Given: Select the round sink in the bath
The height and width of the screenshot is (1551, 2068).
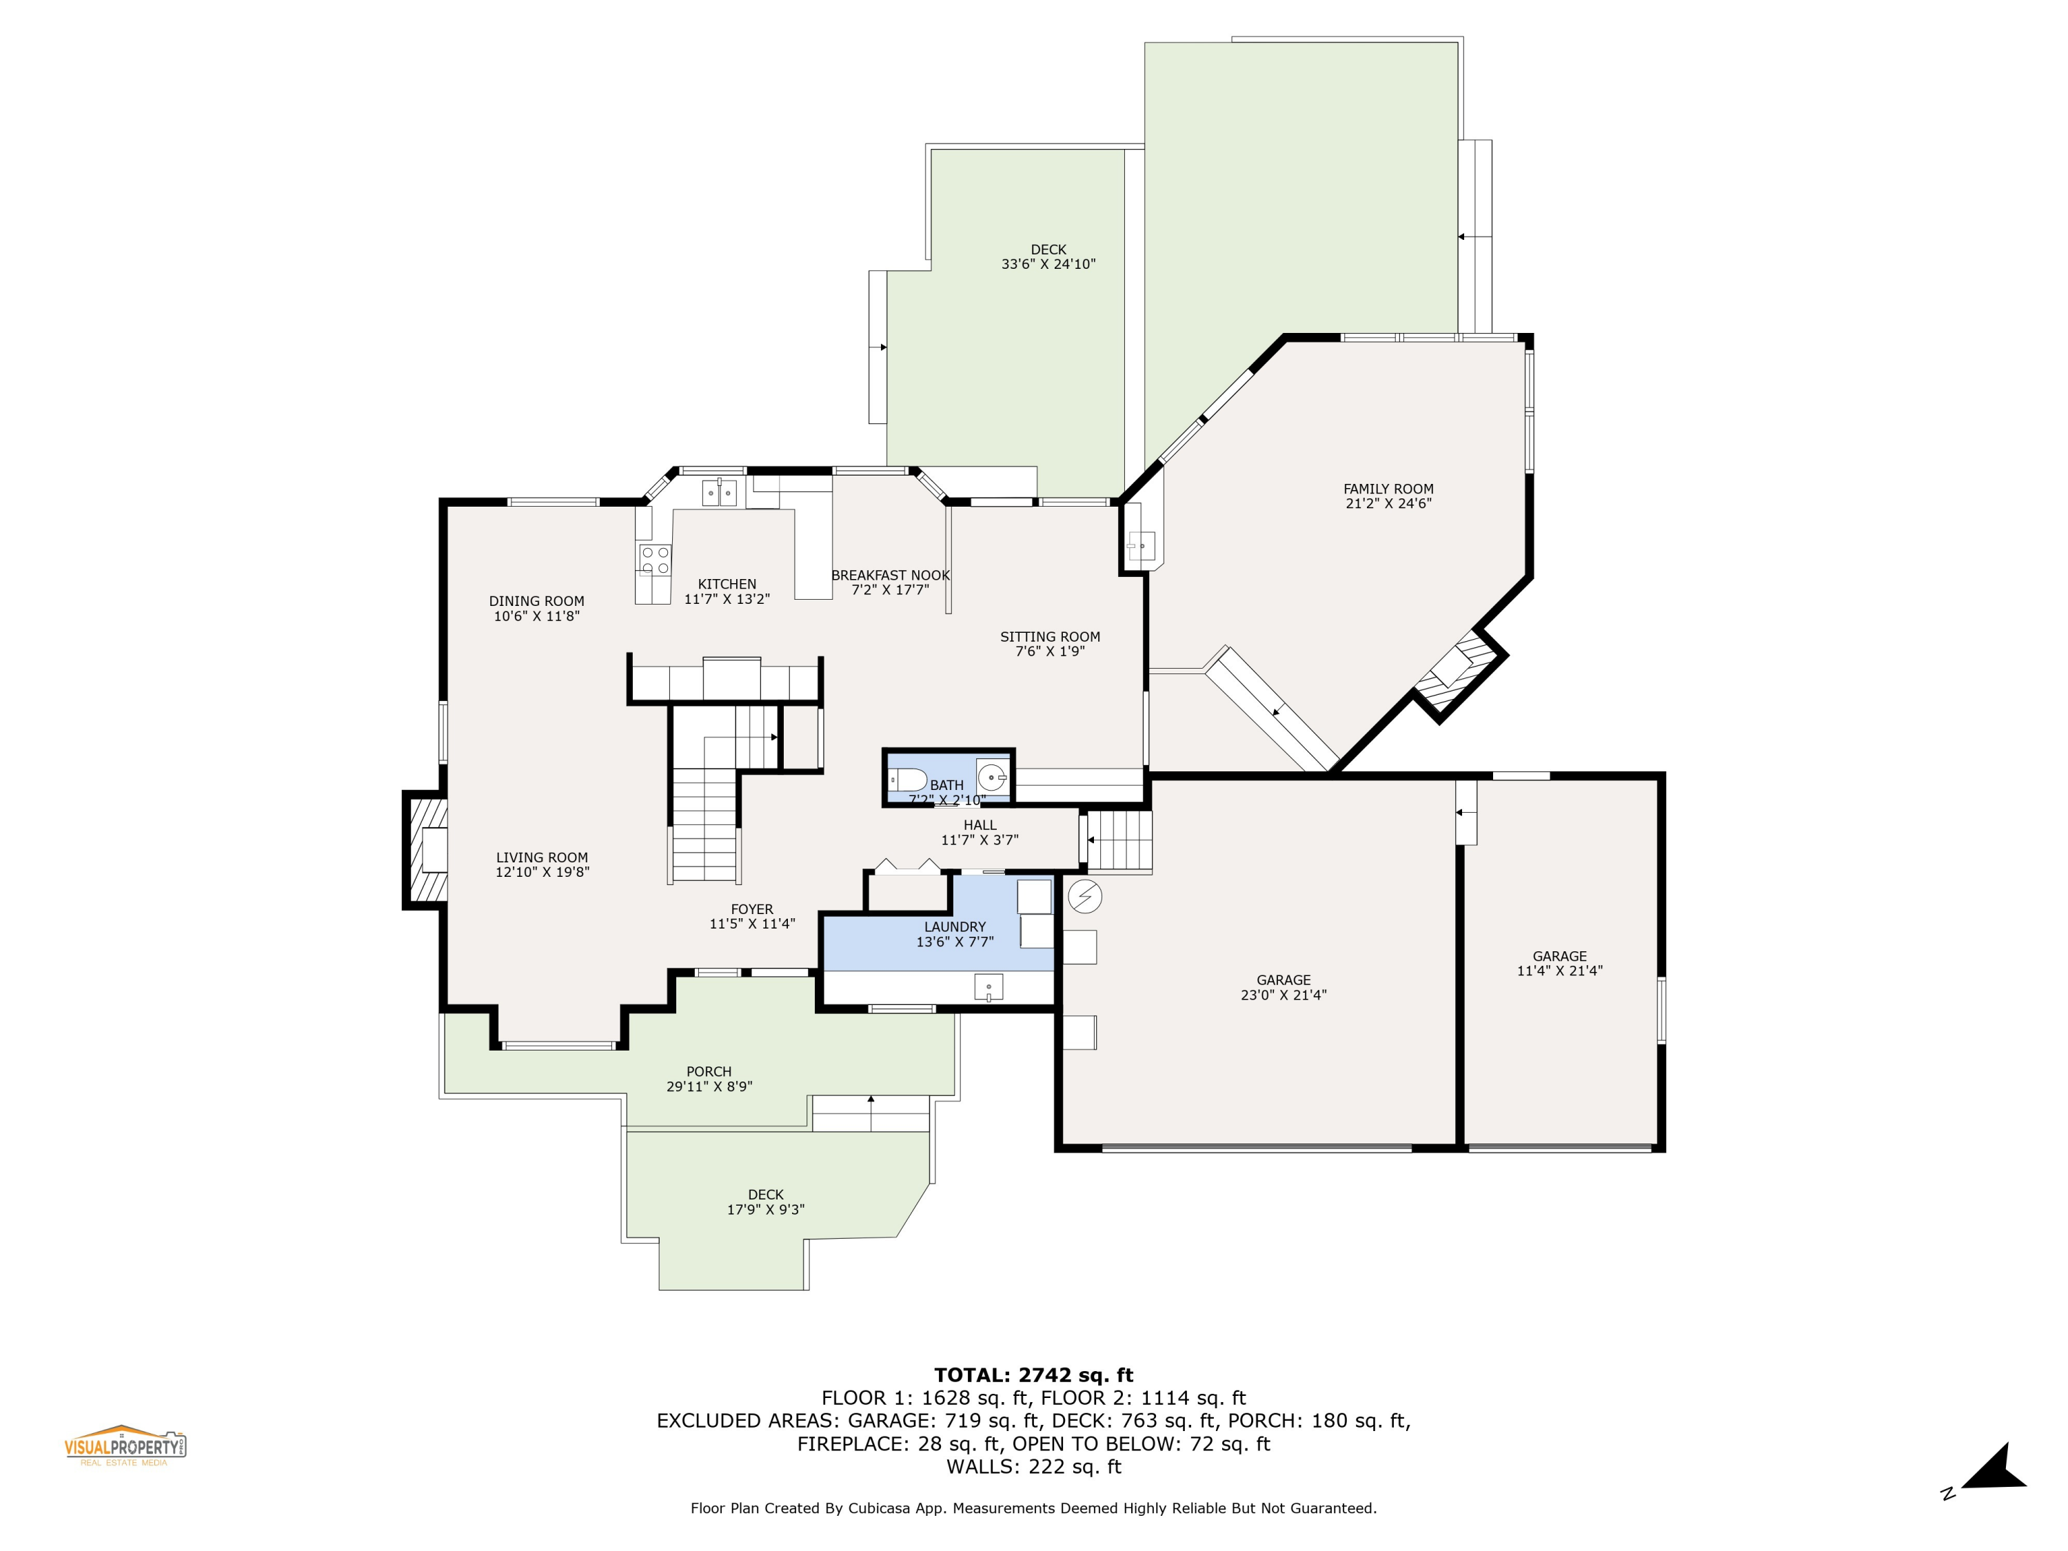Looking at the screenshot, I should (x=992, y=777).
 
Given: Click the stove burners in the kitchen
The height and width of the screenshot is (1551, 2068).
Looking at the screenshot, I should (x=654, y=560).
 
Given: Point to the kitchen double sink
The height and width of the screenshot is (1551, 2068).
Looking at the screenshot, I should (x=719, y=491).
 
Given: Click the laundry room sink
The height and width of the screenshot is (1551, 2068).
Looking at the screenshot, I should (x=989, y=986).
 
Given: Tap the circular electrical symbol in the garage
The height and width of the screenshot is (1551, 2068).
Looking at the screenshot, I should (x=1084, y=897).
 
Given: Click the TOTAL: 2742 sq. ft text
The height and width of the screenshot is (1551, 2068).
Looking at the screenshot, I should (x=1033, y=1375).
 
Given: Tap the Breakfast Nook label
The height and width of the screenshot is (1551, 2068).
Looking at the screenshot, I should (x=890, y=576).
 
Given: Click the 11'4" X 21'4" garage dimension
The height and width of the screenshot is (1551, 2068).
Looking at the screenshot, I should (x=1559, y=971).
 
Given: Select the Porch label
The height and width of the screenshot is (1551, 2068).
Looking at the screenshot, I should (x=709, y=1071).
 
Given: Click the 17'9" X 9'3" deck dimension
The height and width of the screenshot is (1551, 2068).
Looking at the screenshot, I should (x=764, y=1209).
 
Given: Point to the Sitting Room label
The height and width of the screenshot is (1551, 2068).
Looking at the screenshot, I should (x=1050, y=637).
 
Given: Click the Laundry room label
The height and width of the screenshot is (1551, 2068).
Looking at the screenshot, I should (x=955, y=926).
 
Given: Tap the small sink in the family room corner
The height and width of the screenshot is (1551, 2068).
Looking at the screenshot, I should (x=1141, y=544).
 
